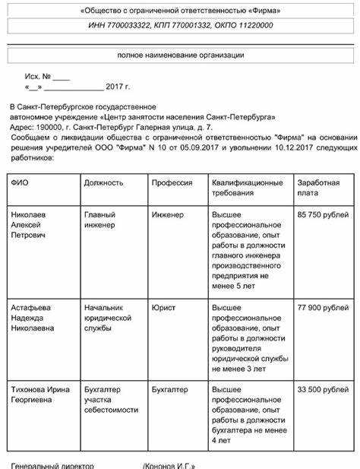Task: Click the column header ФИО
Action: pyautogui.click(x=19, y=183)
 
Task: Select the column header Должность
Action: pyautogui.click(x=104, y=183)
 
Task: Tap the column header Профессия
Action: pyautogui.click(x=172, y=183)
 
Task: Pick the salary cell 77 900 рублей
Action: pyautogui.click(x=324, y=307)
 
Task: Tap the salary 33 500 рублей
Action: pyautogui.click(x=324, y=389)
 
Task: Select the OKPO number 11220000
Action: pyautogui.click(x=253, y=26)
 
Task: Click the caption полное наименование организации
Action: pyautogui.click(x=180, y=55)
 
